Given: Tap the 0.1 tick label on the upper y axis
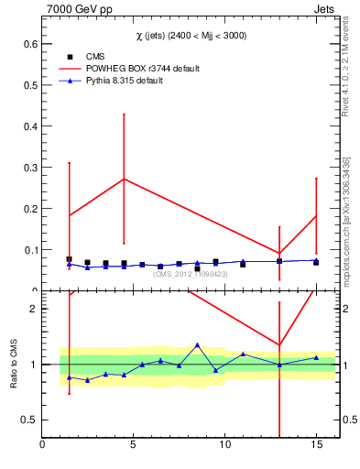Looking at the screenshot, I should (29, 249).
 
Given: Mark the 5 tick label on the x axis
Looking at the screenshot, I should (134, 444).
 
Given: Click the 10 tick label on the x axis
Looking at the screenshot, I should (224, 444).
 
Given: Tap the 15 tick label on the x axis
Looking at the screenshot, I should (316, 444).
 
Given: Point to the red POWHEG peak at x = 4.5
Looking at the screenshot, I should (124, 179).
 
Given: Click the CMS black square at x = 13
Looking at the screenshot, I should (279, 261).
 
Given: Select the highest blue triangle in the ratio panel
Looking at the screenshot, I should (197, 345).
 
